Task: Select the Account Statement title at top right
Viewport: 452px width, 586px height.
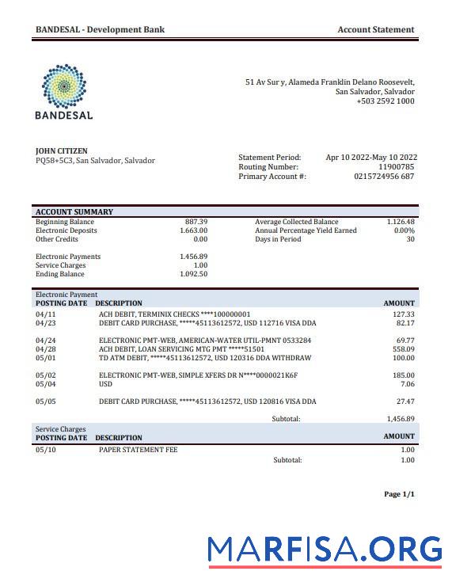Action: click(375, 30)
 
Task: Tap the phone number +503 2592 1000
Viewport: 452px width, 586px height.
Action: click(385, 101)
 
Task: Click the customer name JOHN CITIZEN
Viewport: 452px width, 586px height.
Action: click(62, 151)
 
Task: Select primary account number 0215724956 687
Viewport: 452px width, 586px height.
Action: click(384, 177)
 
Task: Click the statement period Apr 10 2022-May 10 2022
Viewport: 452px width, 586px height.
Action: click(371, 158)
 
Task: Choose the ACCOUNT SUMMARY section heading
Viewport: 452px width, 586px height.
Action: click(74, 212)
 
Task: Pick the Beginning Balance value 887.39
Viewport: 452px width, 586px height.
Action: click(196, 222)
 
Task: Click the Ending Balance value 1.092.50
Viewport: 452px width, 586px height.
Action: click(193, 274)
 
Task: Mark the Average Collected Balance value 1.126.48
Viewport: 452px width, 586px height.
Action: click(401, 222)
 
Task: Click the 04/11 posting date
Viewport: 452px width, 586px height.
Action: click(45, 314)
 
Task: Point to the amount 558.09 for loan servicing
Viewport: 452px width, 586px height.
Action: click(404, 349)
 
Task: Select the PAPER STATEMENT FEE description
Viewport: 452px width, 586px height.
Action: click(138, 450)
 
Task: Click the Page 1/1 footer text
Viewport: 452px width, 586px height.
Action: click(399, 494)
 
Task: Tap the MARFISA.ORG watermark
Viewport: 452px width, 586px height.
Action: click(325, 550)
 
